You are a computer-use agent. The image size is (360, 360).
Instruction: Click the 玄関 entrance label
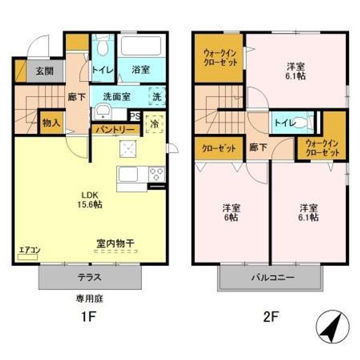point(44,71)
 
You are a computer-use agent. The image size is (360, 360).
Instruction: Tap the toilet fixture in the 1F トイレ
point(102,48)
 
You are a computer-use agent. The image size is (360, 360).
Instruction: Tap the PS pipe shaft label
point(134,115)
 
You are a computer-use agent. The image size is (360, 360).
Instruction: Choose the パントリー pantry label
point(115,129)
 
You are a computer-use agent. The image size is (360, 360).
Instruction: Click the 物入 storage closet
point(51,122)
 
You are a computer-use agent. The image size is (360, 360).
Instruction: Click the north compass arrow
point(330,326)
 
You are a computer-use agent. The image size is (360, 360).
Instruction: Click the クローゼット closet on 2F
point(219,149)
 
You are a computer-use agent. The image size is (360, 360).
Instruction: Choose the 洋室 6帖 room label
point(231,212)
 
